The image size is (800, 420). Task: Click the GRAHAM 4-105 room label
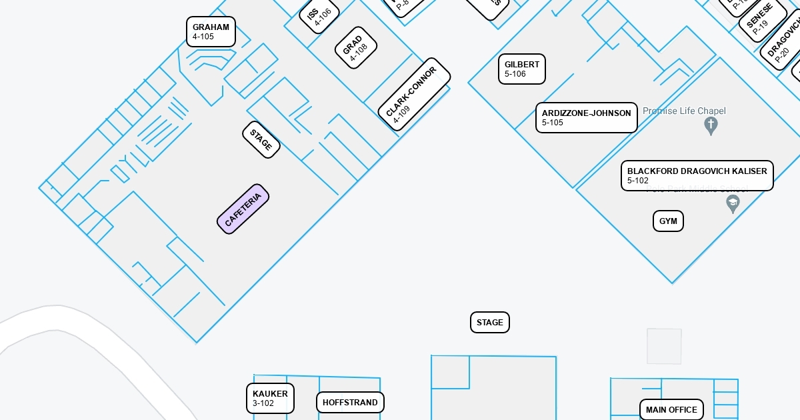click(211, 32)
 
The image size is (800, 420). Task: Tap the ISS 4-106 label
click(319, 16)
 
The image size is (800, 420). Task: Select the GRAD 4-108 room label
click(355, 48)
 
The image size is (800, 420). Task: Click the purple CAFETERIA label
click(243, 209)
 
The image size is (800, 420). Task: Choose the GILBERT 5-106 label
click(522, 69)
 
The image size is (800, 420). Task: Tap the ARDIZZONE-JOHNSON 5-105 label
click(586, 118)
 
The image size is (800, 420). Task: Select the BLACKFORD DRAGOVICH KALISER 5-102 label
click(697, 175)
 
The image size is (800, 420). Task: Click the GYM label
click(668, 221)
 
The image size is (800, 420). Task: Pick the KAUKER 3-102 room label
click(270, 398)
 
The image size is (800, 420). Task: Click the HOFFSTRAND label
click(350, 403)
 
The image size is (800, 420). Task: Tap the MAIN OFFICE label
click(671, 409)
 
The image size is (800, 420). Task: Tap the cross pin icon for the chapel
click(711, 125)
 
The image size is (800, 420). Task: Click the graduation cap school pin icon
click(733, 203)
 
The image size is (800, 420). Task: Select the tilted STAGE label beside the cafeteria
click(261, 140)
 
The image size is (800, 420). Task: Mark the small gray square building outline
click(664, 346)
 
